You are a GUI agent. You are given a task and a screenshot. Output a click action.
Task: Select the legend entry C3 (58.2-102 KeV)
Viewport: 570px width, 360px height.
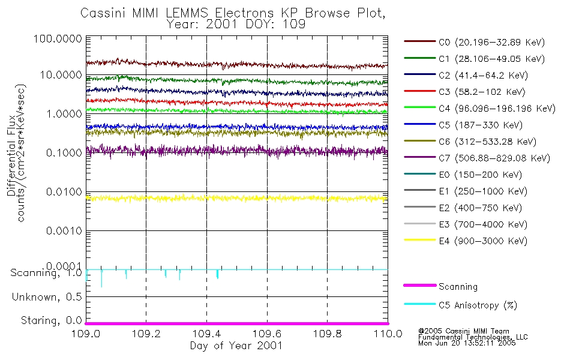[474, 92]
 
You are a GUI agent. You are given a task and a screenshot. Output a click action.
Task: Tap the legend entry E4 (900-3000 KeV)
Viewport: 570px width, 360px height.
[474, 241]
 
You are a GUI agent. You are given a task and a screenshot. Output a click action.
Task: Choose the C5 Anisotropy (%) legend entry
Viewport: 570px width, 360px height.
[478, 305]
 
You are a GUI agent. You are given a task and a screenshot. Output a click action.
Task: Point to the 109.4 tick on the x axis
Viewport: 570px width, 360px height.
[206, 334]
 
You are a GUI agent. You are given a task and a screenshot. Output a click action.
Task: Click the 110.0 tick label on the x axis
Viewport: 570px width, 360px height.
[387, 334]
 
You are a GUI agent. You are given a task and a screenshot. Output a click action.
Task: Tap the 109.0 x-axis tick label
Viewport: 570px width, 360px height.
[86, 334]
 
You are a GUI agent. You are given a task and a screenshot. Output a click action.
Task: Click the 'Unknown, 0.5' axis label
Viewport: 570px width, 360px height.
[46, 297]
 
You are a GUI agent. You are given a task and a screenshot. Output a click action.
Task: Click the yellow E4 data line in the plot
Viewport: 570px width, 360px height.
[240, 197]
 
